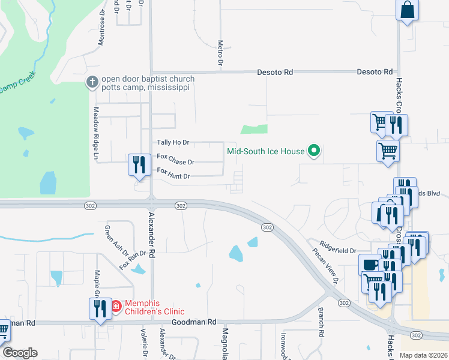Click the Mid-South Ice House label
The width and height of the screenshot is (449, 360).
[x=265, y=151]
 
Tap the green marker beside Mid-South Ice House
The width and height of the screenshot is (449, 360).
[x=313, y=151]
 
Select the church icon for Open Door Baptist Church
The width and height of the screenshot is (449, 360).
[x=92, y=82]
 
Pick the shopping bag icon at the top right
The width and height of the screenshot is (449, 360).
[x=408, y=10]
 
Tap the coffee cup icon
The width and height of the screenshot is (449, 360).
[x=369, y=264]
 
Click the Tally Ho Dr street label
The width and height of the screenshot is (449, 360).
[x=173, y=142]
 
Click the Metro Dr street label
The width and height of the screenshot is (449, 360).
[x=220, y=53]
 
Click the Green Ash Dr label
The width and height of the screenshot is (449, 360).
[x=109, y=239]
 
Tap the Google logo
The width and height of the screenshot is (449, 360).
[x=20, y=353]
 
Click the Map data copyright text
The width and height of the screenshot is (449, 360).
[x=423, y=355]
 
